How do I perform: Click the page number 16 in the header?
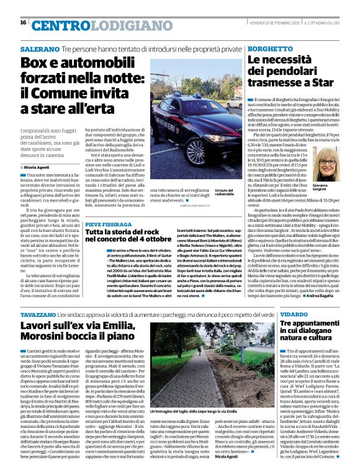point(23,22)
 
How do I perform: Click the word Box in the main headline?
point(35,63)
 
